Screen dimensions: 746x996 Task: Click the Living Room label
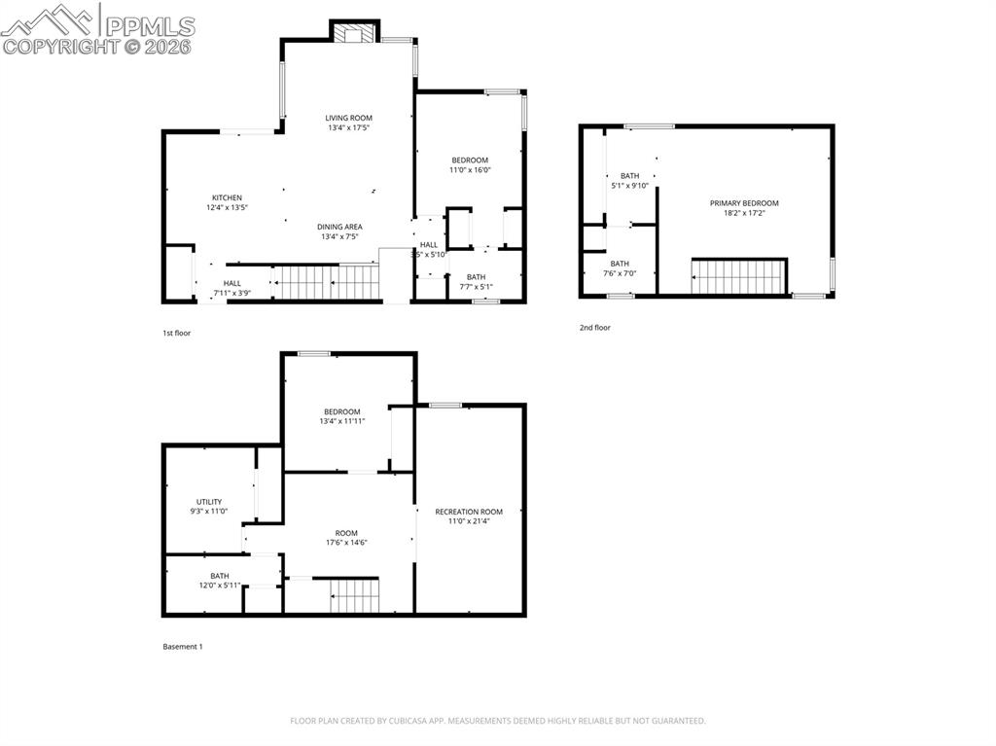tap(348, 118)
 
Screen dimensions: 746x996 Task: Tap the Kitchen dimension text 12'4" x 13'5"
tap(227, 207)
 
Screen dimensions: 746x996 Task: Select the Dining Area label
tap(339, 227)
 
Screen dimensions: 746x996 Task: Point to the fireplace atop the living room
tap(353, 33)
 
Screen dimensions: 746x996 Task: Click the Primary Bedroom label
tap(744, 203)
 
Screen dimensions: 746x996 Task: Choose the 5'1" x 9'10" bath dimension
tap(629, 185)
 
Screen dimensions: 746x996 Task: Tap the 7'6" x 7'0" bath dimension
tap(620, 273)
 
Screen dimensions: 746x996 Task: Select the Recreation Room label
tap(469, 512)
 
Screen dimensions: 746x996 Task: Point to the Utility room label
tap(209, 502)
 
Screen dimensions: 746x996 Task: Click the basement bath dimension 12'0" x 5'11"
tap(220, 586)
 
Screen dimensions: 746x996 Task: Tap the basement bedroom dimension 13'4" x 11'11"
tap(341, 421)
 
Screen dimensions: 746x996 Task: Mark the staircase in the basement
tap(353, 595)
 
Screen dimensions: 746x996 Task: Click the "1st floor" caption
tap(177, 333)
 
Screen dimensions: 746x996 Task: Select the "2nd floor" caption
tap(595, 328)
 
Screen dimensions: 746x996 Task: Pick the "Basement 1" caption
tap(182, 646)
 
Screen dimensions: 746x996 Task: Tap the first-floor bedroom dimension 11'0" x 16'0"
tap(470, 170)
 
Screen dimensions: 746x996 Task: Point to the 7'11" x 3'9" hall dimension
tap(231, 293)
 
